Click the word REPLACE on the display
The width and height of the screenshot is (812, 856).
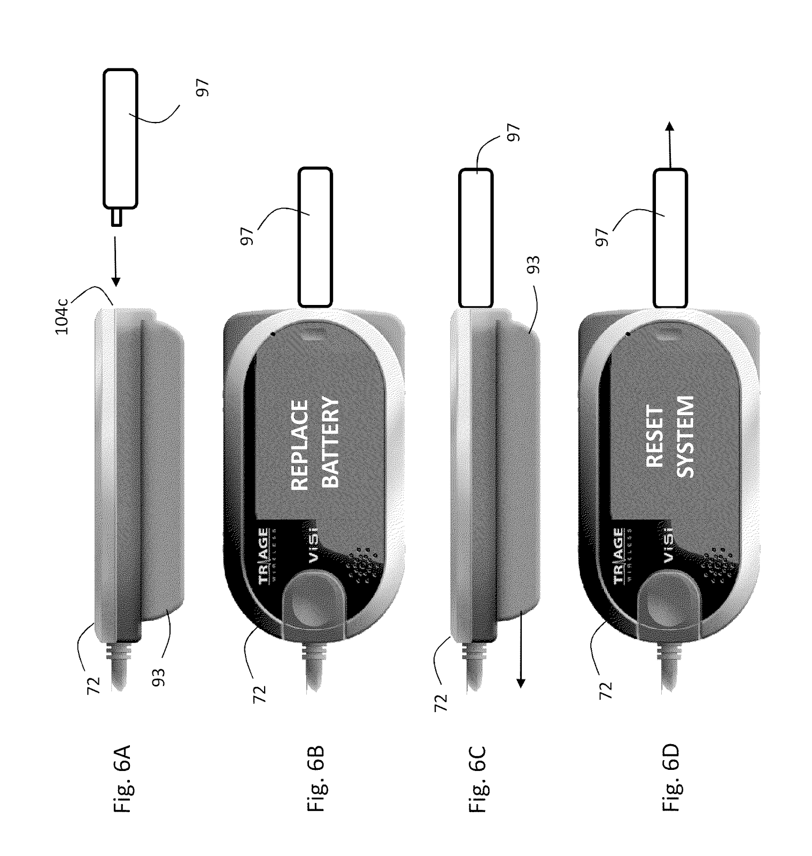coord(300,445)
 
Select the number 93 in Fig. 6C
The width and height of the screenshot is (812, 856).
coord(533,264)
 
